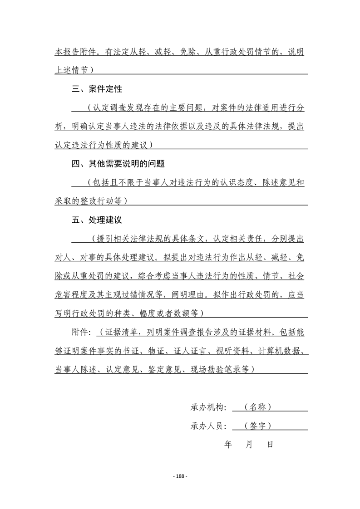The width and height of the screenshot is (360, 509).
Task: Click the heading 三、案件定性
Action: [97, 88]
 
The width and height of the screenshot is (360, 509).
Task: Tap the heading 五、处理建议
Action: [97, 220]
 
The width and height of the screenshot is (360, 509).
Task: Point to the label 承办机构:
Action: [208, 407]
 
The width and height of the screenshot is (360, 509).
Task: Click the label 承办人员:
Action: [208, 426]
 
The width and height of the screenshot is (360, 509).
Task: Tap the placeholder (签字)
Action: [257, 426]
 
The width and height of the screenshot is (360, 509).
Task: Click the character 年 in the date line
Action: [228, 445]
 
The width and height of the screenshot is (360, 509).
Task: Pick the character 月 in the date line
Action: [249, 445]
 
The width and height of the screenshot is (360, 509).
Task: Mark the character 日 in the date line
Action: [270, 445]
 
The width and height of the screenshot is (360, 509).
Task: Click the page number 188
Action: [180, 476]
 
